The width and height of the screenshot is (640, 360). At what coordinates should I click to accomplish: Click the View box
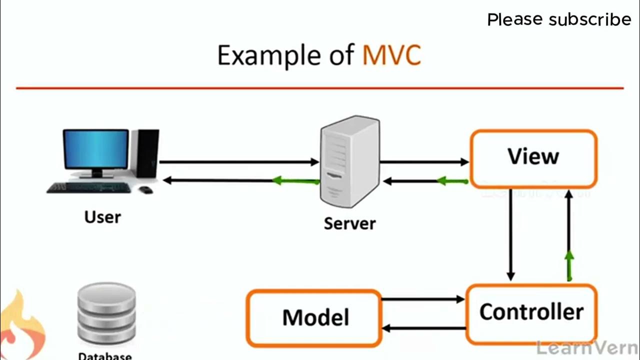[x=533, y=158]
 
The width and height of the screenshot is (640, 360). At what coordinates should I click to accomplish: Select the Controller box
[x=531, y=313]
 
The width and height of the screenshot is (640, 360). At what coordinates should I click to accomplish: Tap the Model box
[x=314, y=318]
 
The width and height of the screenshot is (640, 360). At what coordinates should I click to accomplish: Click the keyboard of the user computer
[x=89, y=187]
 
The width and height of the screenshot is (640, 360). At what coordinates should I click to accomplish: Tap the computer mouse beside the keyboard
[x=145, y=189]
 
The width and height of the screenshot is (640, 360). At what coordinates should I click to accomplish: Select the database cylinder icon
[x=106, y=313]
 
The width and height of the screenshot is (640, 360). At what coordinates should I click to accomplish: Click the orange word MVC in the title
[x=391, y=55]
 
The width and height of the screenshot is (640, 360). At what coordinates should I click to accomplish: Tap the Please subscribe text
[x=559, y=20]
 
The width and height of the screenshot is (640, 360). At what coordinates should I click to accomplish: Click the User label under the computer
[x=102, y=217]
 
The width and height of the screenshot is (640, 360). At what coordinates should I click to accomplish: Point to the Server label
[x=349, y=223]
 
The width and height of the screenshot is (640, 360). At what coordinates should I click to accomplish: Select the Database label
[x=105, y=356]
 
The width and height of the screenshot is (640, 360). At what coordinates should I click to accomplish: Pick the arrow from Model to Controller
[x=423, y=299]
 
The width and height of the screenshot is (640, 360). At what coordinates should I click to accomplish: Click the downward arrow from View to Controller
[x=510, y=235]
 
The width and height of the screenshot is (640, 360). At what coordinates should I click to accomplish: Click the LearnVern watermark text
[x=587, y=347]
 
